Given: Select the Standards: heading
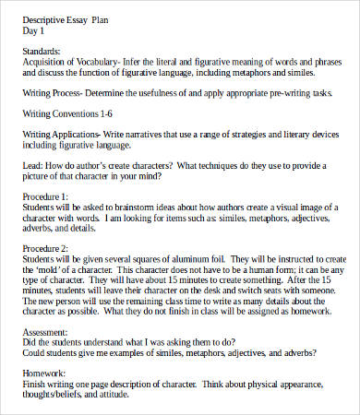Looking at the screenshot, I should tap(42, 51).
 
